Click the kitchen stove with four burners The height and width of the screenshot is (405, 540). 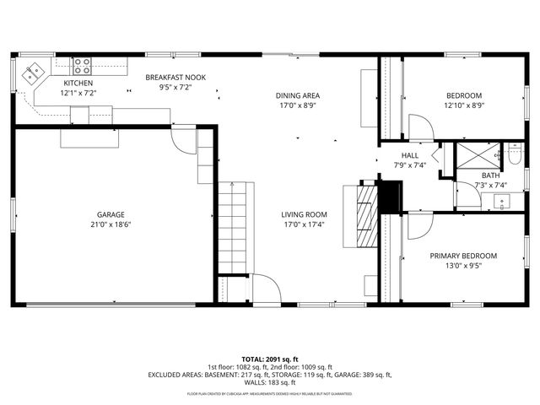(x=82, y=65)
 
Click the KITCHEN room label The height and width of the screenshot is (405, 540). (x=78, y=83)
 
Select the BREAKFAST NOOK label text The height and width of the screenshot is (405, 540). (x=175, y=77)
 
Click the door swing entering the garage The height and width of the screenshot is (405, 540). (x=181, y=138)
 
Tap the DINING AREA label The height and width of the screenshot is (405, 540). (x=299, y=95)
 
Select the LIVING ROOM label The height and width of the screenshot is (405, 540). (x=304, y=214)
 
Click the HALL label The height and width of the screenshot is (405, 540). (x=410, y=155)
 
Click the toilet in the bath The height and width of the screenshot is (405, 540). (x=512, y=156)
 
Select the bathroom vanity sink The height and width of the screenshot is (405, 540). (x=505, y=201)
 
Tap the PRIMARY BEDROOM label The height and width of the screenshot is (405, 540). (x=463, y=256)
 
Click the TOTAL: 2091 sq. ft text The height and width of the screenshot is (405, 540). (x=269, y=359)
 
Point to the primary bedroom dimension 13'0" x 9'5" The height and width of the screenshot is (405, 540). (x=463, y=266)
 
